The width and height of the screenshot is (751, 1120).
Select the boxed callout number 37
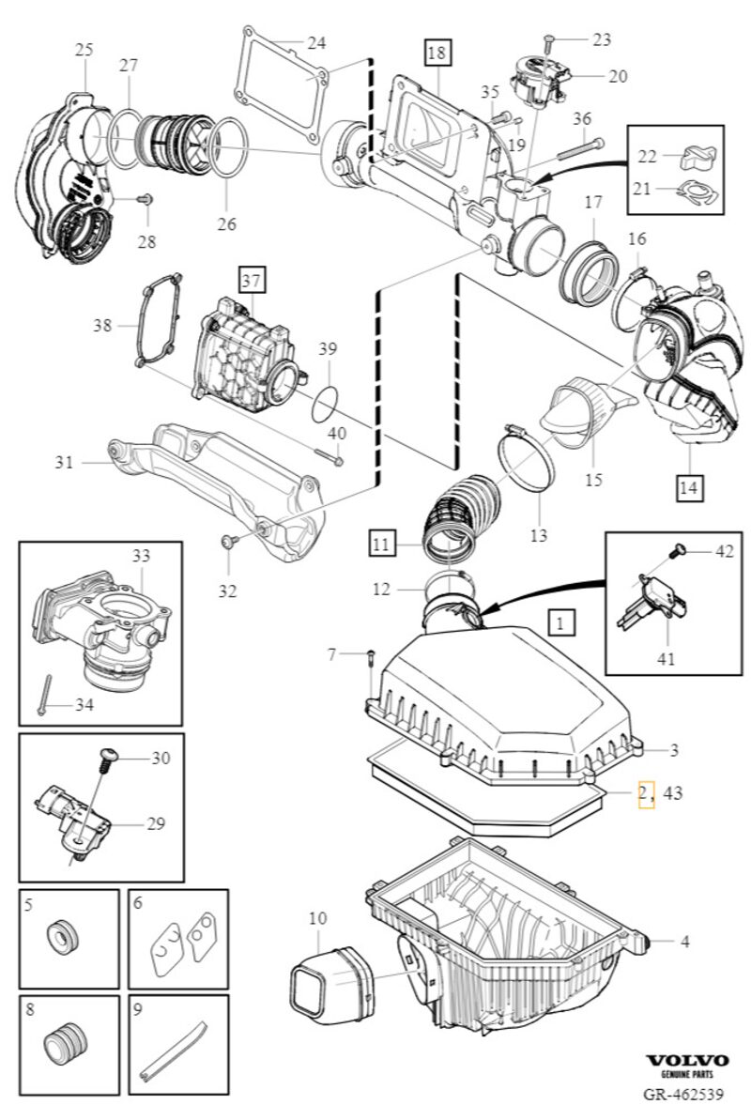(252, 280)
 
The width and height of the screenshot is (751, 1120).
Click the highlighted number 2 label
(645, 793)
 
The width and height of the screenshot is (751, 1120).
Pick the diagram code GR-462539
(682, 1095)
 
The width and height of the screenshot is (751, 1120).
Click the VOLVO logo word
(687, 1059)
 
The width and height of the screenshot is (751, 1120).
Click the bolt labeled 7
(371, 657)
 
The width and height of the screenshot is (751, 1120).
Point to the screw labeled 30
(107, 758)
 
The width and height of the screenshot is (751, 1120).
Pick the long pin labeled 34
(44, 695)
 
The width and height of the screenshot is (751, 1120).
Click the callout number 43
(672, 793)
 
